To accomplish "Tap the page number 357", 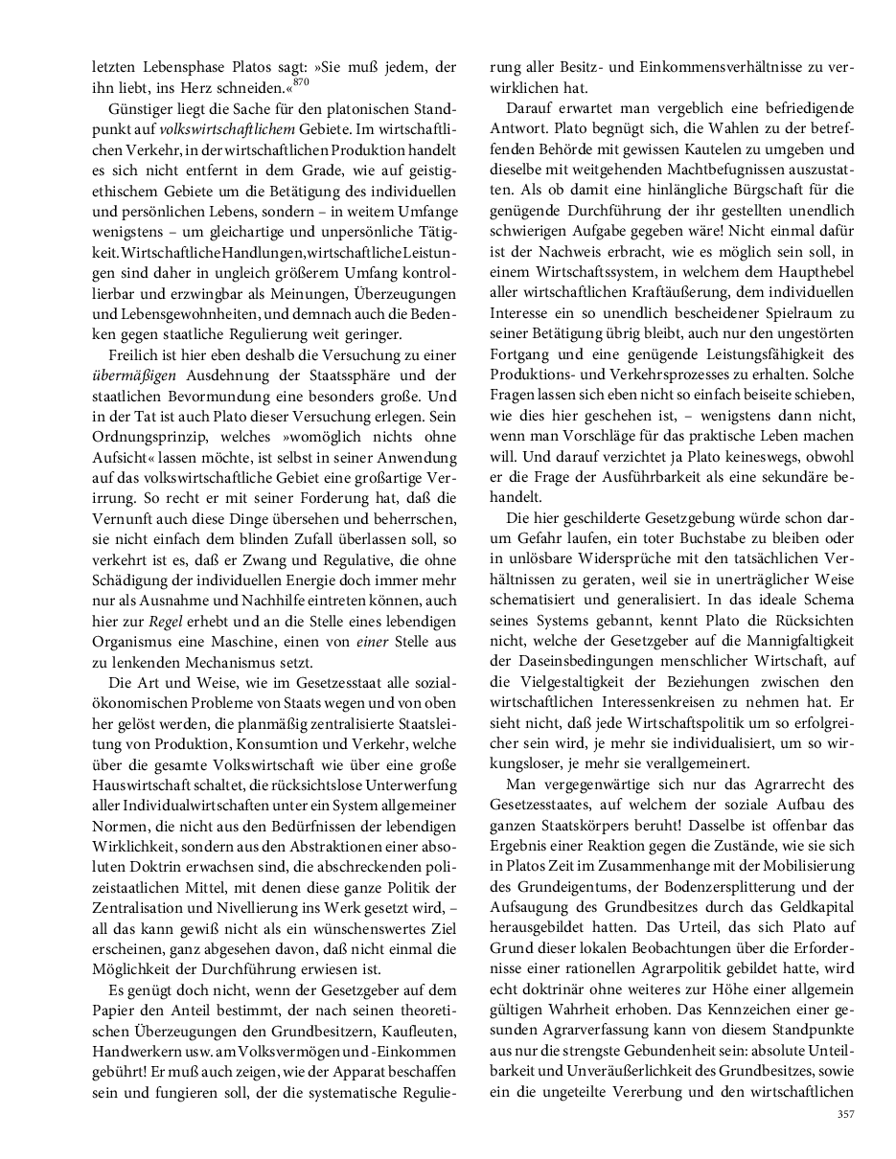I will (x=845, y=1113).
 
